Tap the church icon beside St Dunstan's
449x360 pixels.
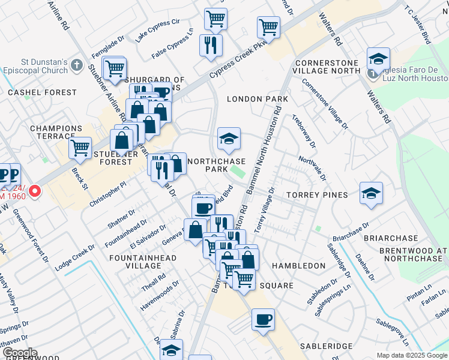[76, 64]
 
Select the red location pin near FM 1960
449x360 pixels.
[35, 191]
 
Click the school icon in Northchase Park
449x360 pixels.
[228, 139]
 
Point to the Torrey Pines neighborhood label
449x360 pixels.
[316, 195]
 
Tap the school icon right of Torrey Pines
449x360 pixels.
[371, 193]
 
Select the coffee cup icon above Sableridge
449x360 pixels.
[262, 319]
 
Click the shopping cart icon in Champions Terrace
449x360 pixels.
[80, 147]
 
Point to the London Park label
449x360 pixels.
[250, 98]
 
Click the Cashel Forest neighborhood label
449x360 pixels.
[42, 92]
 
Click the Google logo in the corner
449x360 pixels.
[19, 353]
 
